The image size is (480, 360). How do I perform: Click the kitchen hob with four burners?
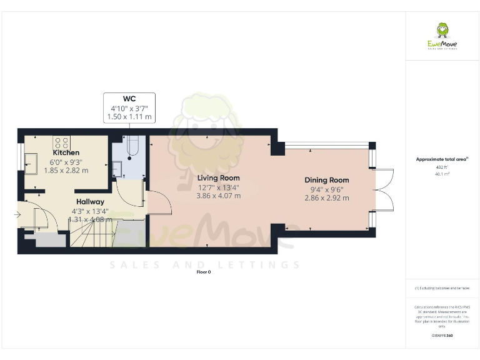point(61,142)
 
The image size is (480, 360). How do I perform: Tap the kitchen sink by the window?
point(31,164)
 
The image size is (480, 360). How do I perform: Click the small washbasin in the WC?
point(117,168)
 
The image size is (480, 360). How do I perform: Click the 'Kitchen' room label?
point(66,152)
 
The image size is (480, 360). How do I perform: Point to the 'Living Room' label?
point(219,178)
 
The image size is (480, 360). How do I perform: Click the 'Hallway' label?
point(91,202)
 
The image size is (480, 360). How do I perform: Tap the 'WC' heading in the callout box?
point(129,99)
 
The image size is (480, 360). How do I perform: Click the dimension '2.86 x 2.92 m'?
point(326,198)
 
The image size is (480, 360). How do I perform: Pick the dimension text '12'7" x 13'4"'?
point(219,187)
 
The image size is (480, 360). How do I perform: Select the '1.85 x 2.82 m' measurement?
point(66,170)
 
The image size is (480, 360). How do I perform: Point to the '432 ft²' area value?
point(442,167)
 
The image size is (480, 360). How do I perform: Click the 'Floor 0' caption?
point(204,272)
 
